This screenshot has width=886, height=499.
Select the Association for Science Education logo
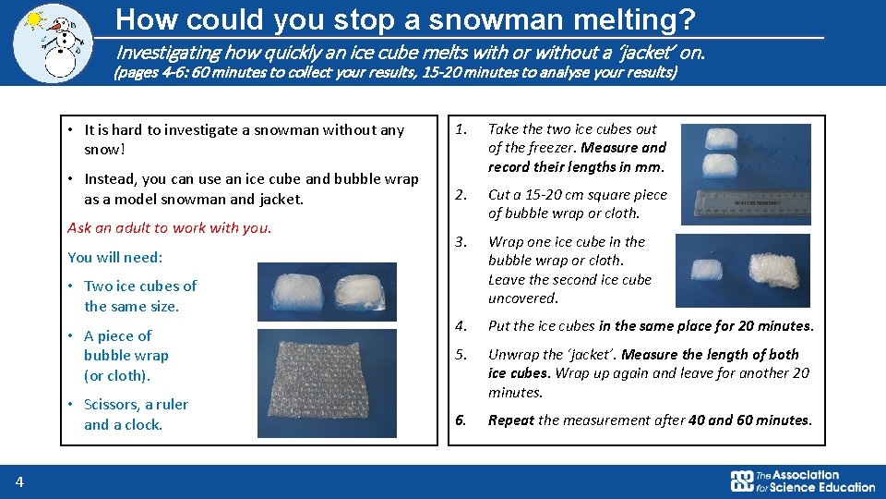(x=802, y=481)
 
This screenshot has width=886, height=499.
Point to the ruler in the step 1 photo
(x=759, y=197)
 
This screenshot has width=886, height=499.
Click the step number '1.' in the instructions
(x=461, y=129)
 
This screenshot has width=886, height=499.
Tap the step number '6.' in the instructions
(x=461, y=420)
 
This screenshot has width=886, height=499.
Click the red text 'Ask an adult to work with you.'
(x=169, y=227)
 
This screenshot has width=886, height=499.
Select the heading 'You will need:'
(x=114, y=257)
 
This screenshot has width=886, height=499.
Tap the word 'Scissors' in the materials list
(x=110, y=405)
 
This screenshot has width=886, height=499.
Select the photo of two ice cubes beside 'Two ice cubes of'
(x=327, y=292)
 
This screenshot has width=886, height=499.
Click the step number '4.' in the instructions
(x=461, y=325)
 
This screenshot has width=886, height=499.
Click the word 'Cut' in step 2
(x=499, y=195)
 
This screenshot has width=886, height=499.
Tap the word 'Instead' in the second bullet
(x=110, y=179)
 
